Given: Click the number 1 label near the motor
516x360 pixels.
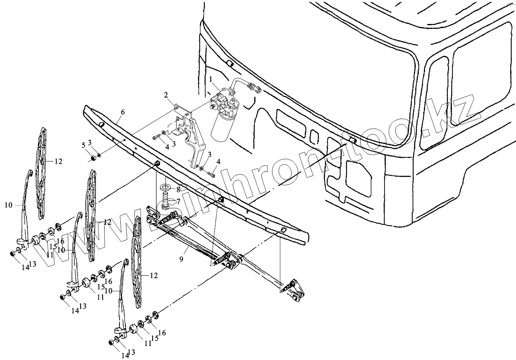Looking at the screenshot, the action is (210, 79).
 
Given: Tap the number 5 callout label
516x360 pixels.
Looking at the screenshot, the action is (84, 145).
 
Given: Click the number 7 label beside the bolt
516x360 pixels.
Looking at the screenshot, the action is (178, 201).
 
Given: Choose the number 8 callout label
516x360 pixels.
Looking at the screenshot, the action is (178, 190).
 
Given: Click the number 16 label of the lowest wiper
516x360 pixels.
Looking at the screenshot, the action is (162, 332).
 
